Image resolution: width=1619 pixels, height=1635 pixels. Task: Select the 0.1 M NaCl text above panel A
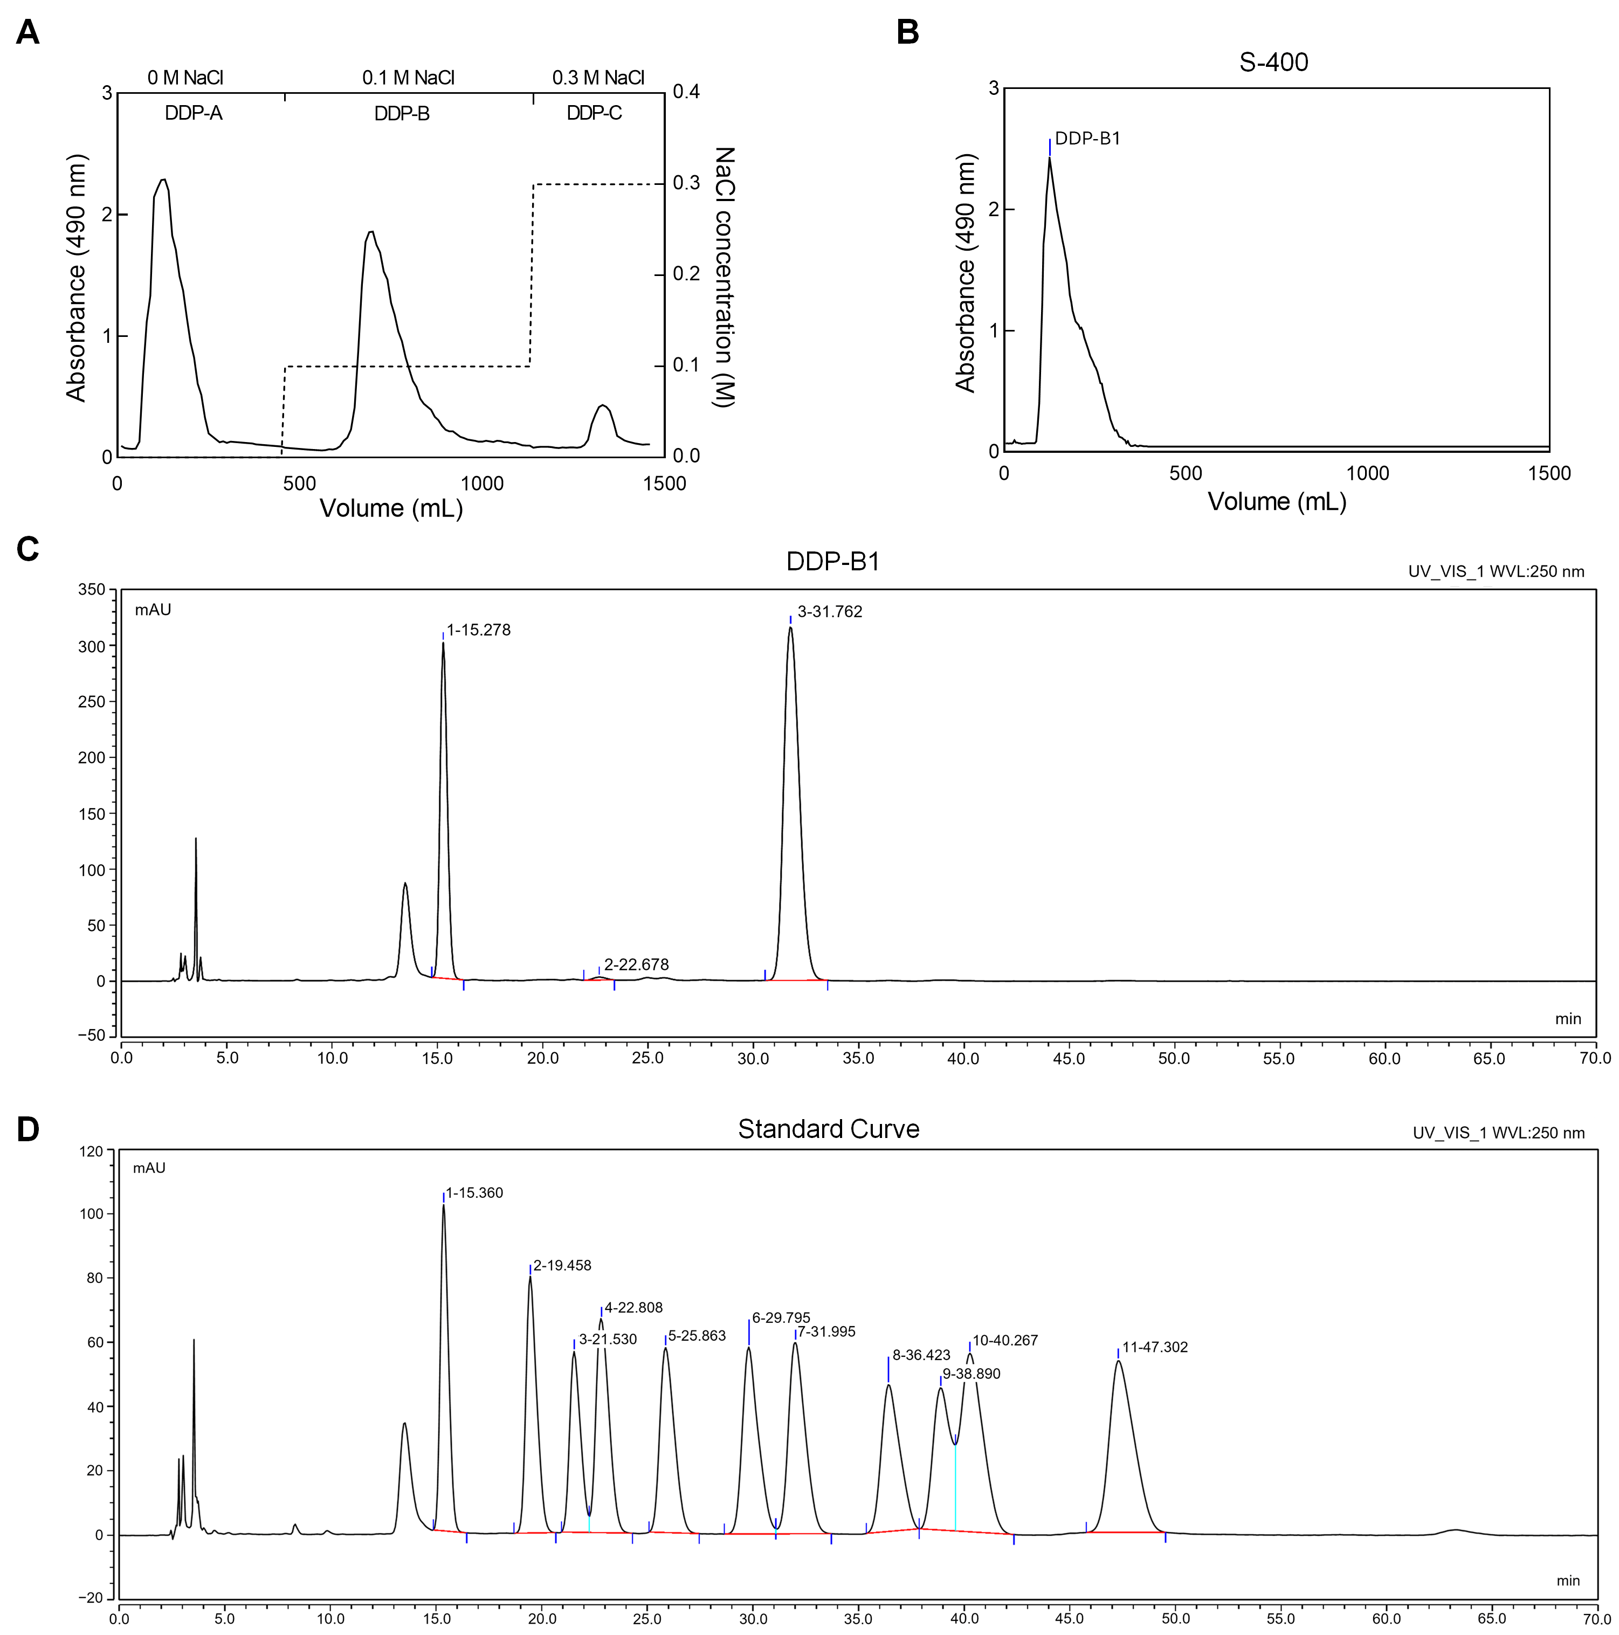tap(408, 78)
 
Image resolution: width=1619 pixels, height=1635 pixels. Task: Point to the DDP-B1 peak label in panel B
tap(1087, 139)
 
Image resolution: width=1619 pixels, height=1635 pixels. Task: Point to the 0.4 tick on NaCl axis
tap(686, 92)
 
